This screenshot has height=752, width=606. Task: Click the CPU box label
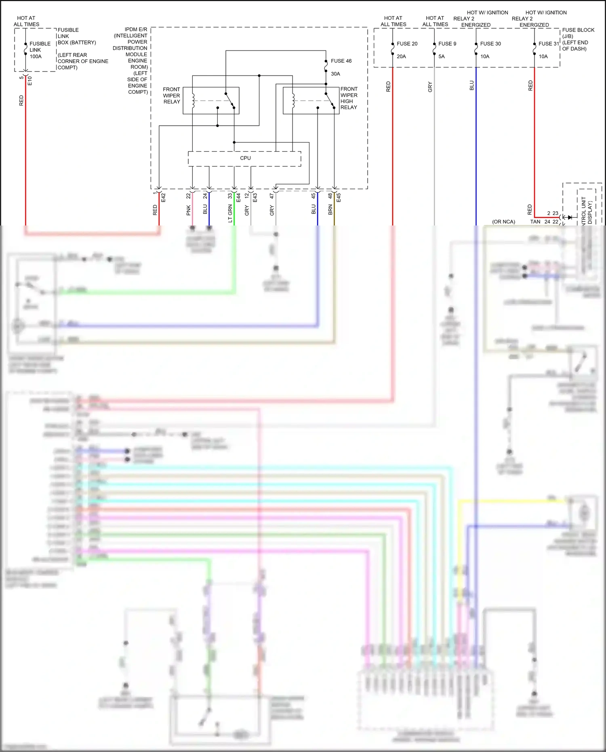245,158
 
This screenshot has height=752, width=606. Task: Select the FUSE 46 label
341,61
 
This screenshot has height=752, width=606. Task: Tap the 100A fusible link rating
36,57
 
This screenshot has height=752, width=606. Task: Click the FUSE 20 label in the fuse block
407,44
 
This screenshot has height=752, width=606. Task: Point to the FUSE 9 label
447,44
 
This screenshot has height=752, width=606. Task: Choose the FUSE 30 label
490,44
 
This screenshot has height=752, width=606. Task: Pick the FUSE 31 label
549,44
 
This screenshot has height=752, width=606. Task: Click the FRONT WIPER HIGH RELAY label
349,98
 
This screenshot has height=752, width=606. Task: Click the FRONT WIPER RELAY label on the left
171,95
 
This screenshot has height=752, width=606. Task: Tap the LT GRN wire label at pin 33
230,213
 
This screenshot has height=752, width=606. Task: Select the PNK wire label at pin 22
188,210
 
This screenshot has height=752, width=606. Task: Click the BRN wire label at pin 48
330,209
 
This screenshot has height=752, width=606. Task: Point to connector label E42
163,198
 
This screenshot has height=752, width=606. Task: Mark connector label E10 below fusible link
29,81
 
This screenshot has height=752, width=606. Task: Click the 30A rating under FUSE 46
335,74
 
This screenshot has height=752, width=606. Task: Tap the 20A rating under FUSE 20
401,57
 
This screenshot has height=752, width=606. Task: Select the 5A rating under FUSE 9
442,57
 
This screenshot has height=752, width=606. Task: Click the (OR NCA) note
503,222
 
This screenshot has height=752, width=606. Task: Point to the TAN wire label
535,222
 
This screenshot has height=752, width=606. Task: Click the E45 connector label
339,198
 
